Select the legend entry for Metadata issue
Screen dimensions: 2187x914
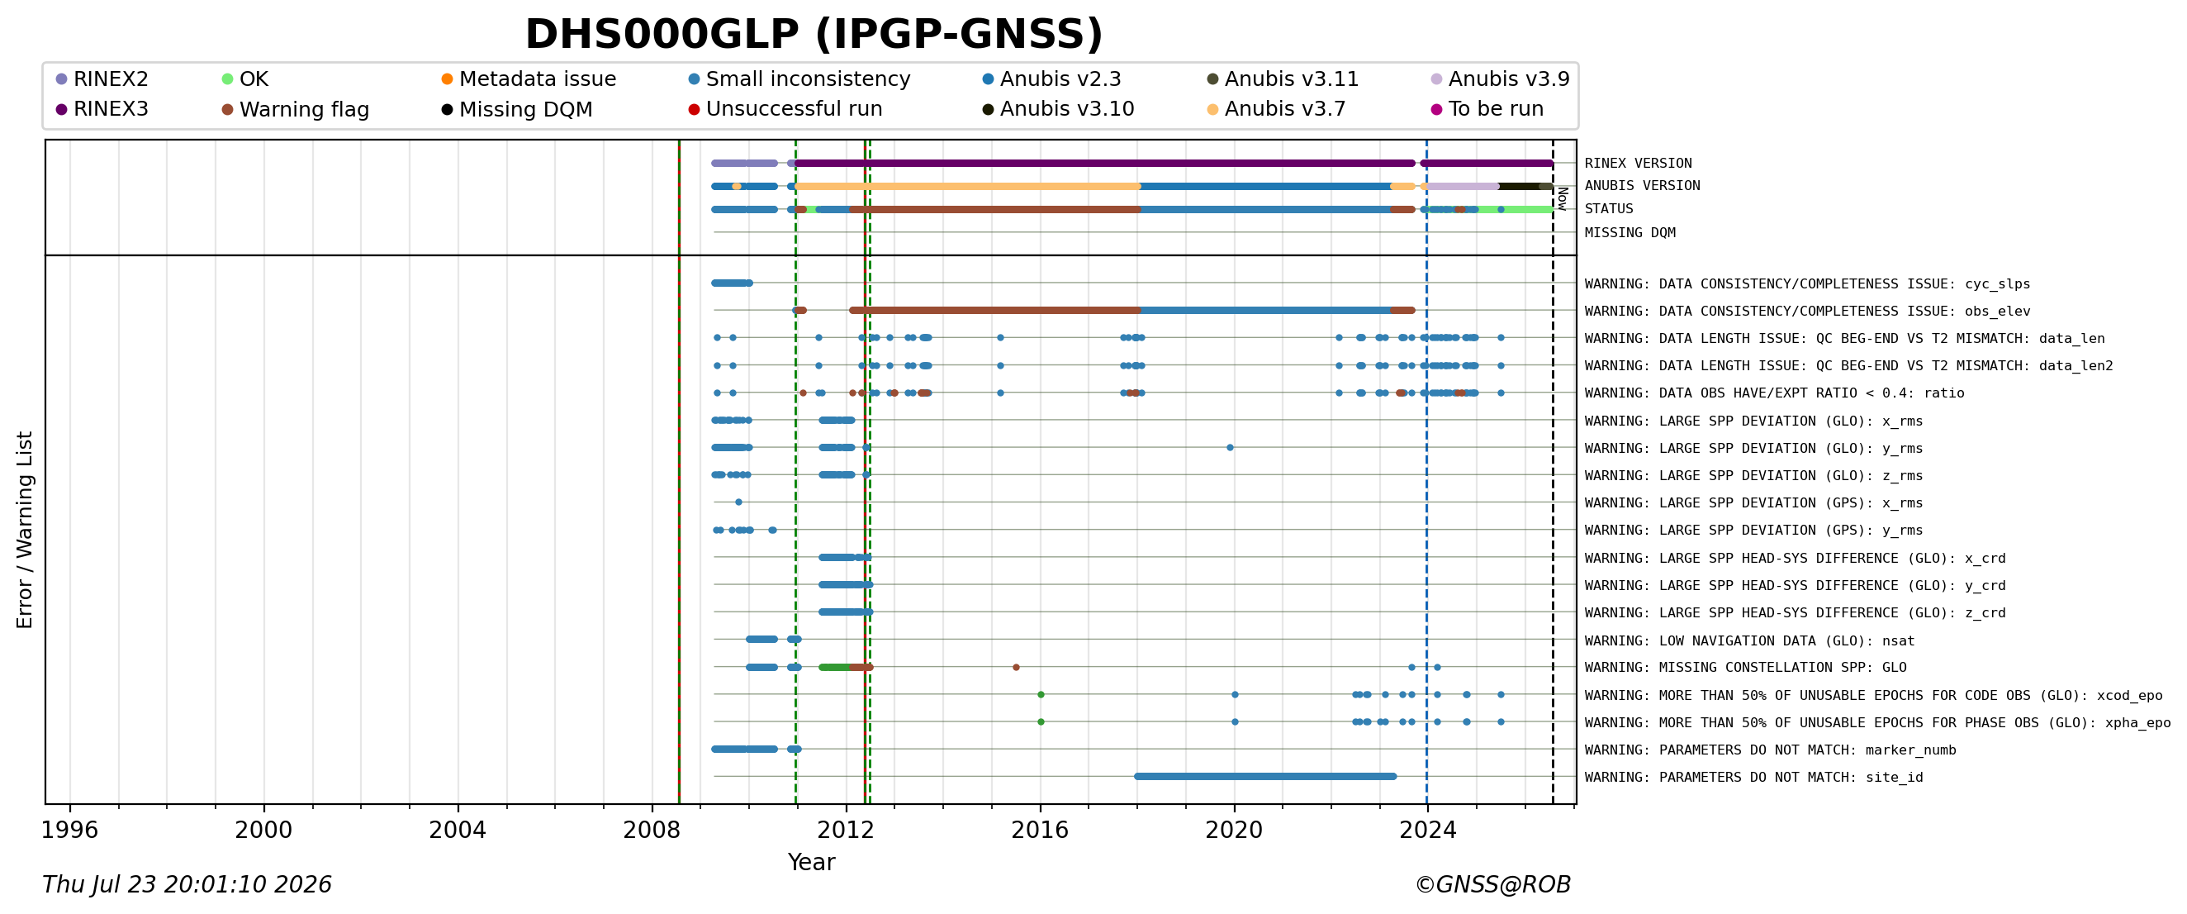coord(529,79)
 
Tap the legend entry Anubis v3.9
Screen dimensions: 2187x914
coord(1500,79)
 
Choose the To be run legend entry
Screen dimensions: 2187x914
coord(1487,109)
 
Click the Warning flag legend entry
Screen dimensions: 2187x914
coord(296,110)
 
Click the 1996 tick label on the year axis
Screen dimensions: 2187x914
coord(69,830)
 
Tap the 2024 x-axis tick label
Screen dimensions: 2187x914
coord(1428,830)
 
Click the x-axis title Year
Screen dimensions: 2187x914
coord(812,862)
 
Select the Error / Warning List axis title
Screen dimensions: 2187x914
coord(25,530)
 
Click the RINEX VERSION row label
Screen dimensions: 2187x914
coord(1638,163)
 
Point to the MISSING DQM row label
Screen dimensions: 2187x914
coord(1630,233)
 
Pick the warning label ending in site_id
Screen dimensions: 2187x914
coord(1754,778)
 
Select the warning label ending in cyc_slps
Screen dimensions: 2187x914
coord(1808,283)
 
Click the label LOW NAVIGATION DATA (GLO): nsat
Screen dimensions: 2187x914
coord(1750,640)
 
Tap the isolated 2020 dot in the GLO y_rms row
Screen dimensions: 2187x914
coord(1231,448)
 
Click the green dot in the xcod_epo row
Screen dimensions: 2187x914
coord(1041,695)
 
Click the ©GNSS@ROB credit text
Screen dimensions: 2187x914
coord(1492,885)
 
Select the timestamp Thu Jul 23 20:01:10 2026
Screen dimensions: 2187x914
coord(187,885)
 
